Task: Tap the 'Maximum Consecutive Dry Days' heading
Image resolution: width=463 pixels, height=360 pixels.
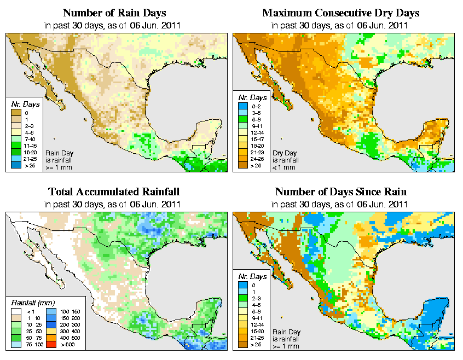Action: (341, 13)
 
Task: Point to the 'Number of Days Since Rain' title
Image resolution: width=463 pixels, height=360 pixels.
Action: (341, 192)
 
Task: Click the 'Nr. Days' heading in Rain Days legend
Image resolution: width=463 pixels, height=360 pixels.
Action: (22, 103)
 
